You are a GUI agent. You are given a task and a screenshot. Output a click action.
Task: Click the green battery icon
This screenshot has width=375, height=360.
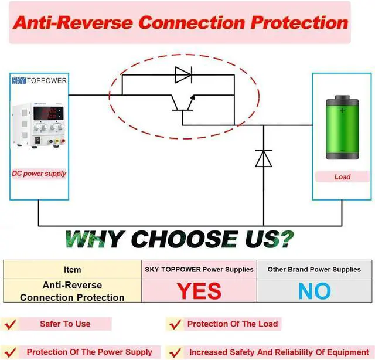[x=342, y=130]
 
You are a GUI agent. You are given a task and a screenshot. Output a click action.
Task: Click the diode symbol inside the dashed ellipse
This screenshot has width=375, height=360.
[x=183, y=74]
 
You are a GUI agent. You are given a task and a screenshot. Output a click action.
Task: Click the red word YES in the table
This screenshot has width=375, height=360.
[x=199, y=291]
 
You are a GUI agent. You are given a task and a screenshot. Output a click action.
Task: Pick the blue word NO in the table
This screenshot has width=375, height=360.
[x=314, y=291]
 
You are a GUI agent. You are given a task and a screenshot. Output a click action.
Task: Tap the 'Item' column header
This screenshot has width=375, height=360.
[x=73, y=270]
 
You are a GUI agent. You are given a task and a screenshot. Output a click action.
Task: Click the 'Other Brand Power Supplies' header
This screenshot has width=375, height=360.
[x=314, y=270]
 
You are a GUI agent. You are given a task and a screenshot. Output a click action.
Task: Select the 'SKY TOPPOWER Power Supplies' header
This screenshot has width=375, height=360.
[x=199, y=270]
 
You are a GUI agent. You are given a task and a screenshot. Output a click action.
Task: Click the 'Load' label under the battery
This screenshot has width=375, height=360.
[x=342, y=176]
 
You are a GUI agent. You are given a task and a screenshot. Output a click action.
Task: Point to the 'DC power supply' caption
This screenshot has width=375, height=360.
[x=39, y=174]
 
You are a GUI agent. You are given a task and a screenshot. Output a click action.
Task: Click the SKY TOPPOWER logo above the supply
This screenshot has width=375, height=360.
[x=39, y=80]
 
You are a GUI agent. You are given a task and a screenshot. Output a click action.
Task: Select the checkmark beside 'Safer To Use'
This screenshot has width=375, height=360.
[x=11, y=324]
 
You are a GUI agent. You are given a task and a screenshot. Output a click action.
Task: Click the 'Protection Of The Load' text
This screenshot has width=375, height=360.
[x=233, y=324]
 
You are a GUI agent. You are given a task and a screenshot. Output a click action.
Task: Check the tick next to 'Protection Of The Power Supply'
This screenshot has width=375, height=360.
[x=11, y=352]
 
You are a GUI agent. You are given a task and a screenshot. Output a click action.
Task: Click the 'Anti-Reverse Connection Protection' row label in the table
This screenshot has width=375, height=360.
[x=72, y=291]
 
